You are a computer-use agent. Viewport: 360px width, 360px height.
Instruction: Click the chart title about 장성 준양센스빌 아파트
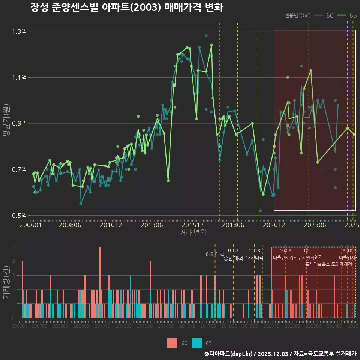click(127, 8)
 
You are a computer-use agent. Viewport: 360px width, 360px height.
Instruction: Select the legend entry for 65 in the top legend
click(347, 15)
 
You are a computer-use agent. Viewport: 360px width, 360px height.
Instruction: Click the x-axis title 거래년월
click(193, 232)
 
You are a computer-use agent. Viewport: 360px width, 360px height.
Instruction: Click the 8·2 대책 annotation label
click(215, 254)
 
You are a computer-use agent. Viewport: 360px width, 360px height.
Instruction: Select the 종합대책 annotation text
click(233, 258)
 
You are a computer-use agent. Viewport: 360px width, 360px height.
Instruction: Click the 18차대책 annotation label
click(254, 258)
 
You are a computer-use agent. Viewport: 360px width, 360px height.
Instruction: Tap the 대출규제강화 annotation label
click(285, 258)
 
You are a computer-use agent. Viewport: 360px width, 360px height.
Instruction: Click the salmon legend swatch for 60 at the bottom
click(172, 343)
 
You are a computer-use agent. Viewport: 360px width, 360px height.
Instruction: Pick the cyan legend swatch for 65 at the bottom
click(196, 343)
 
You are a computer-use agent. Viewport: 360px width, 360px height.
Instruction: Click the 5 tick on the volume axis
click(13, 247)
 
